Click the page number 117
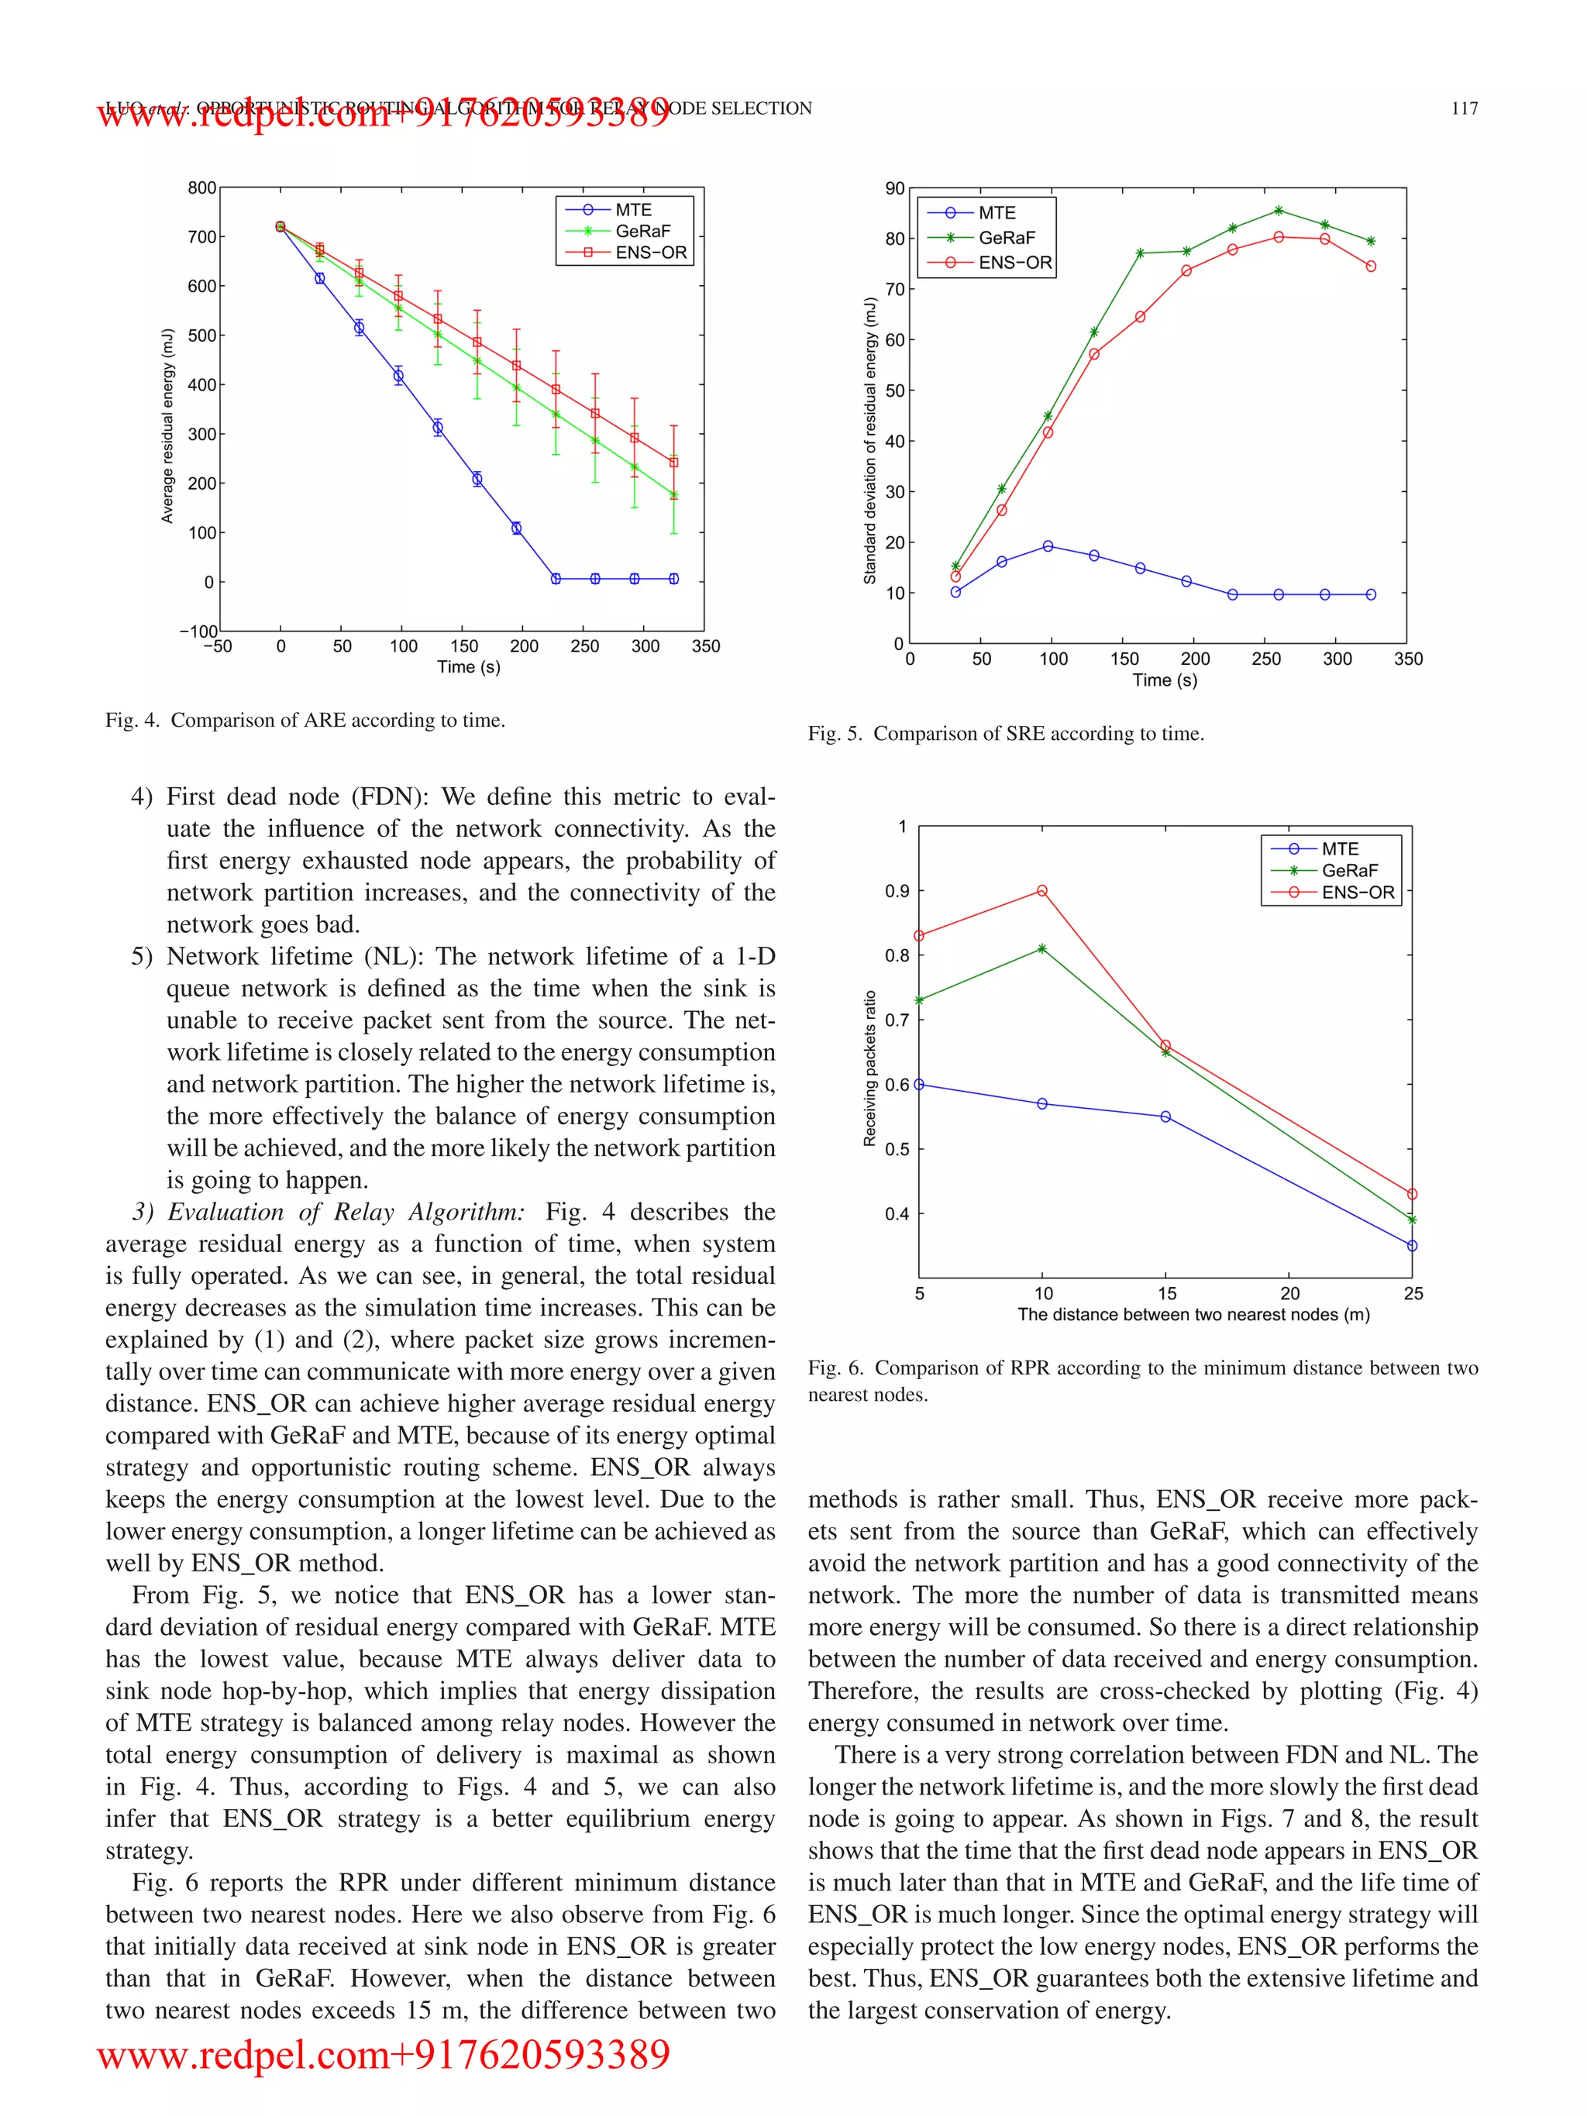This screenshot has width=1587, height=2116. [x=1464, y=108]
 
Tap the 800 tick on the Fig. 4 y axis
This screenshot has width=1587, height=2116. [x=201, y=188]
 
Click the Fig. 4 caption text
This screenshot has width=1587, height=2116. [x=305, y=721]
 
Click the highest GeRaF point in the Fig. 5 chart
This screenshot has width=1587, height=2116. [x=1278, y=211]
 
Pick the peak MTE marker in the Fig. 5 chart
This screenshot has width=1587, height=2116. [x=1048, y=546]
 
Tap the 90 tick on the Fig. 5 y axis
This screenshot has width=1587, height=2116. [x=894, y=188]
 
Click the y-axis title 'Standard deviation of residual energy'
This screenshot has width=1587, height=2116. [x=869, y=440]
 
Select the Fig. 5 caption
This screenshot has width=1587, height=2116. [x=1005, y=734]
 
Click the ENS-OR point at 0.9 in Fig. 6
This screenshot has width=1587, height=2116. [x=1041, y=890]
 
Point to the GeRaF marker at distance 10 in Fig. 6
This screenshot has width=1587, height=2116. [x=1041, y=949]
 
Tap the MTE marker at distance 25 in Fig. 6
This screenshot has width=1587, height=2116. [x=1412, y=1245]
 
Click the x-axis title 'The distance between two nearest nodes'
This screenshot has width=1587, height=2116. [x=1193, y=1314]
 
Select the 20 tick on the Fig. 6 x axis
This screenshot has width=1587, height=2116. [x=1289, y=1293]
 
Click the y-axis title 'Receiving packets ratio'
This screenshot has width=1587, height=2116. [x=869, y=1068]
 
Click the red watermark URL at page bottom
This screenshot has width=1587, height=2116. [x=384, y=2055]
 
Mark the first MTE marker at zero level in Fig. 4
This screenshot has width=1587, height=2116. [x=556, y=579]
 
